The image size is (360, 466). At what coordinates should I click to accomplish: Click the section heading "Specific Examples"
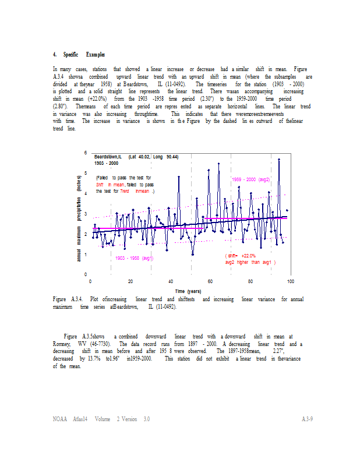pyautogui.click(x=79, y=54)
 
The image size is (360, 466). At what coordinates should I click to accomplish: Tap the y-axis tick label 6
pyautogui.click(x=86, y=153)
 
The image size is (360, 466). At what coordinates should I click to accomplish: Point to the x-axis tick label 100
pyautogui.click(x=290, y=281)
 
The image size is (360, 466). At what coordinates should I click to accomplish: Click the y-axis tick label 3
pyautogui.click(x=86, y=214)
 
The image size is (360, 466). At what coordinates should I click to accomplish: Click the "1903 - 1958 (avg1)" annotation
pyautogui.click(x=134, y=257)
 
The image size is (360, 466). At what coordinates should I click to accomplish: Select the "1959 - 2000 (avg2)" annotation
pyautogui.click(x=250, y=179)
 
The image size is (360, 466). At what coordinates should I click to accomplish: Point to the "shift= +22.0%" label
pyautogui.click(x=241, y=256)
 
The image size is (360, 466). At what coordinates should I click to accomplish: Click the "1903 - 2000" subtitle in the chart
pyautogui.click(x=107, y=164)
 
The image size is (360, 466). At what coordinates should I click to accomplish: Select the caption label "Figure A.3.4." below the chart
pyautogui.click(x=63, y=299)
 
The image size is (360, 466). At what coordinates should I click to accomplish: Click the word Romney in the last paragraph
pyautogui.click(x=61, y=344)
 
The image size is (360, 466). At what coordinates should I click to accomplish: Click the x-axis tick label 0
pyautogui.click(x=91, y=281)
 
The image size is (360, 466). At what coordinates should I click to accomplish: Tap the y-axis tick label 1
pyautogui.click(x=86, y=255)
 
